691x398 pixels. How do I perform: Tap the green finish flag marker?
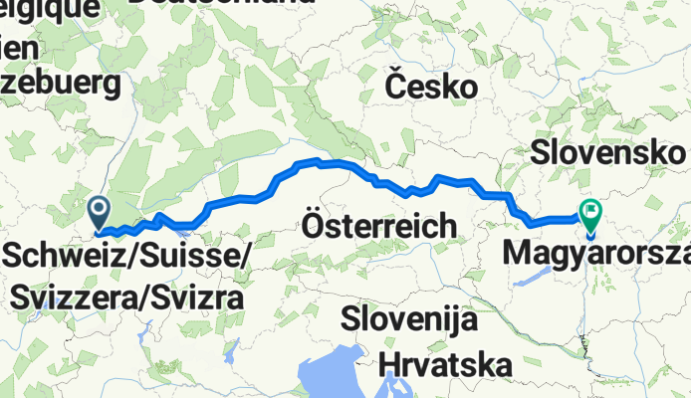tap(591, 212)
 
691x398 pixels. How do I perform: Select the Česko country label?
tap(430, 87)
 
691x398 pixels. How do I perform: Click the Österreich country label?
tap(378, 226)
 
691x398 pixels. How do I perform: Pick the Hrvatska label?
tap(446, 363)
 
